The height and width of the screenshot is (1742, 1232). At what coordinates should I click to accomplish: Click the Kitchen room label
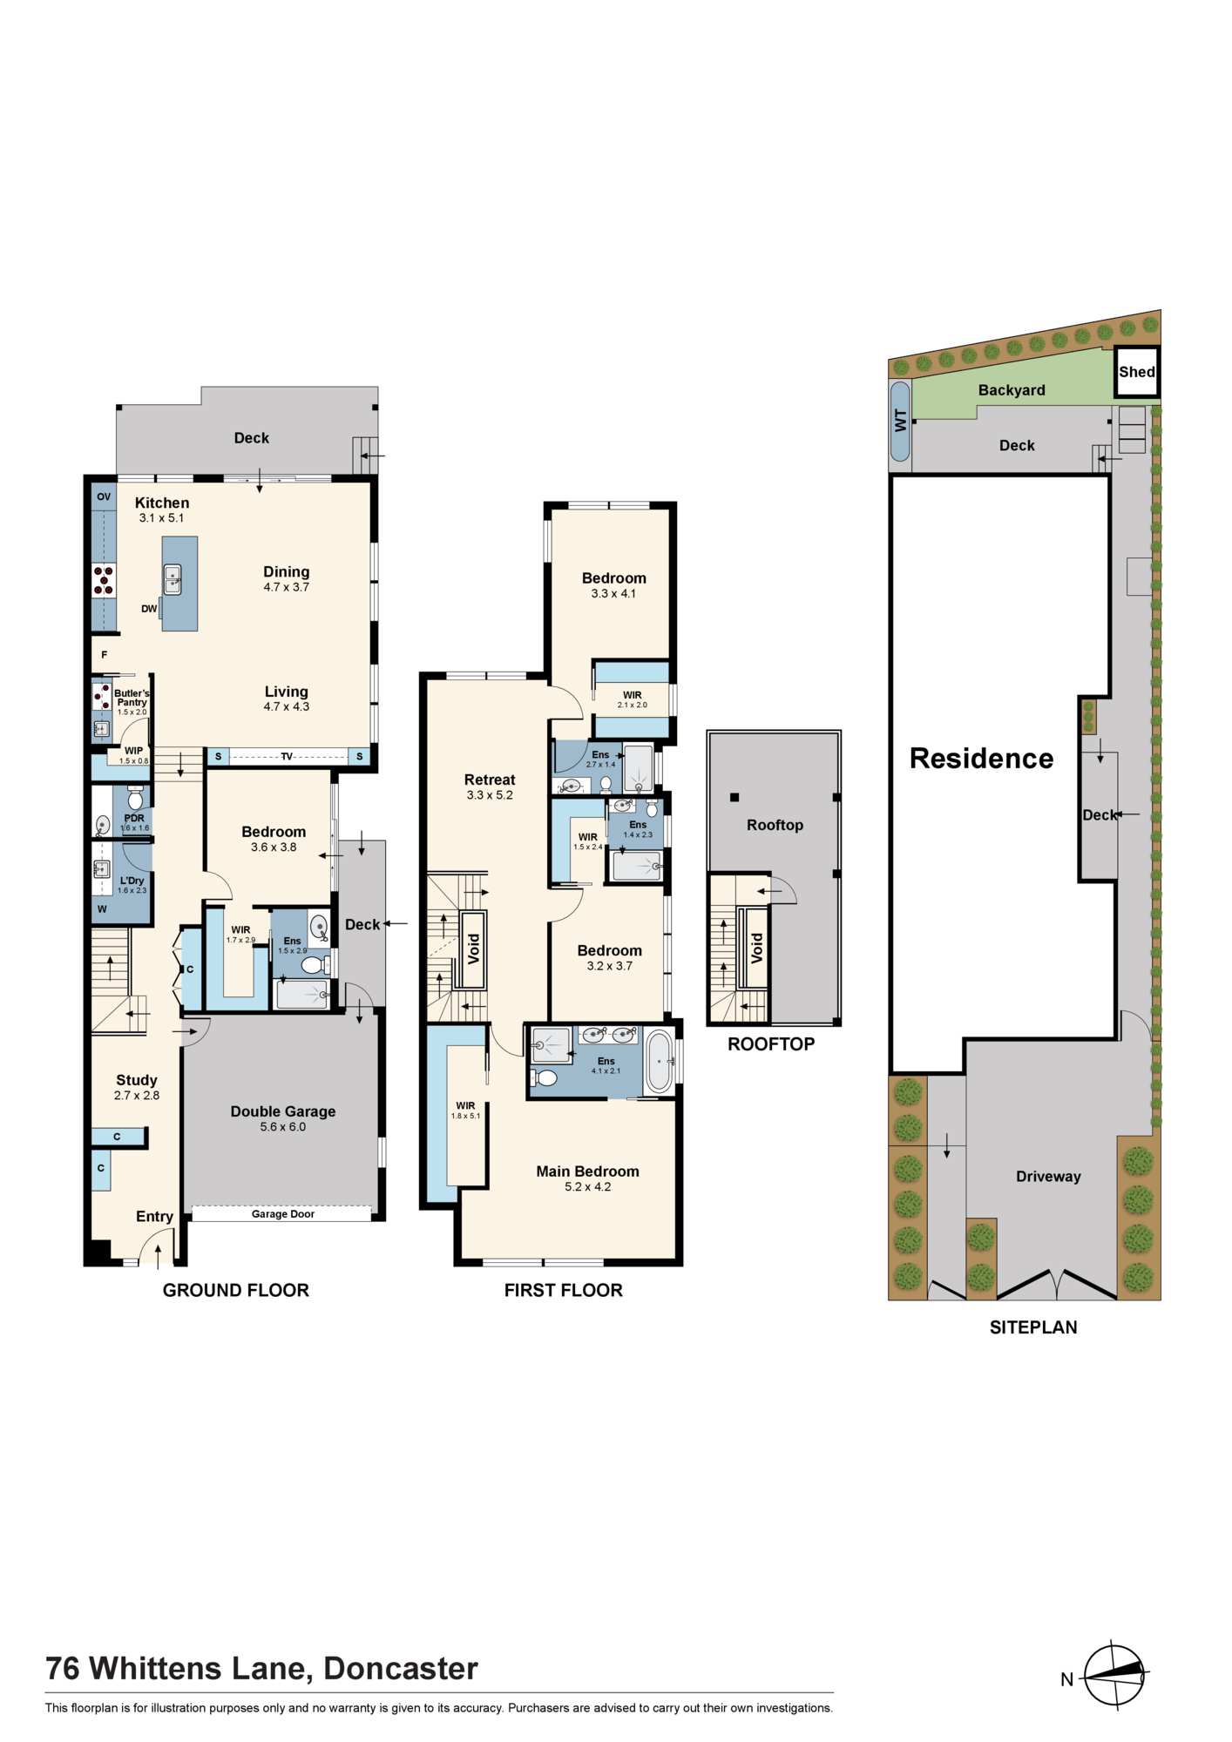pos(162,503)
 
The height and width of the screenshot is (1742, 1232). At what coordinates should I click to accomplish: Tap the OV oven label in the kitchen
pos(104,496)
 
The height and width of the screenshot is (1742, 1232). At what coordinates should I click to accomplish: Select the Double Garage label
pos(283,1111)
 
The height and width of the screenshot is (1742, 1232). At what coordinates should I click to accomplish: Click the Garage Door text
pos(283,1213)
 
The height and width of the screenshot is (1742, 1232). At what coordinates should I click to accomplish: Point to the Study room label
pos(137,1080)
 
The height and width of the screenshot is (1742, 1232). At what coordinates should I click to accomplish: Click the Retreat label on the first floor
pos(490,780)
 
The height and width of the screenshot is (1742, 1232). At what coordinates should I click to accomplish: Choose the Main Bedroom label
pos(588,1171)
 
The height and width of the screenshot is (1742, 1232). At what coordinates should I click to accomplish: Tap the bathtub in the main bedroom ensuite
pos(660,1062)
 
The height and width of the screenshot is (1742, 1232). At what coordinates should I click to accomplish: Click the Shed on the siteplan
pos(1137,372)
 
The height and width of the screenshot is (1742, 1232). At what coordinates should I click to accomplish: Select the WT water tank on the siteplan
pos(901,422)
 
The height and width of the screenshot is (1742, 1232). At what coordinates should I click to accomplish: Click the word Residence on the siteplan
pos(982,759)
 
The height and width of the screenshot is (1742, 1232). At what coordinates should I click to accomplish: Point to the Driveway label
pos(1048,1177)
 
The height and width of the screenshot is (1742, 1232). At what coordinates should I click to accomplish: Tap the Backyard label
pos(1012,390)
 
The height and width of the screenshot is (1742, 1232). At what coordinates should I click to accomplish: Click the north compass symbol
pos(1114,1675)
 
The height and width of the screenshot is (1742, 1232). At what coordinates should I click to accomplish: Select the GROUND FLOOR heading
pos(236,1290)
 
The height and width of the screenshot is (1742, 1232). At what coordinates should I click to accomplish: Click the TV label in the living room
pos(287,756)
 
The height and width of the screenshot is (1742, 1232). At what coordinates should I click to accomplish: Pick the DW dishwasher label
pos(149,609)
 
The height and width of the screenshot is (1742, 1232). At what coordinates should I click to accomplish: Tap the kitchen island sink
pos(173,579)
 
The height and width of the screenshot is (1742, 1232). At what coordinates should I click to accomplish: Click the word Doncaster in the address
pos(401,1669)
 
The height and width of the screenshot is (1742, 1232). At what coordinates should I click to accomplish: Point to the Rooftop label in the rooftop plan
pos(775,825)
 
